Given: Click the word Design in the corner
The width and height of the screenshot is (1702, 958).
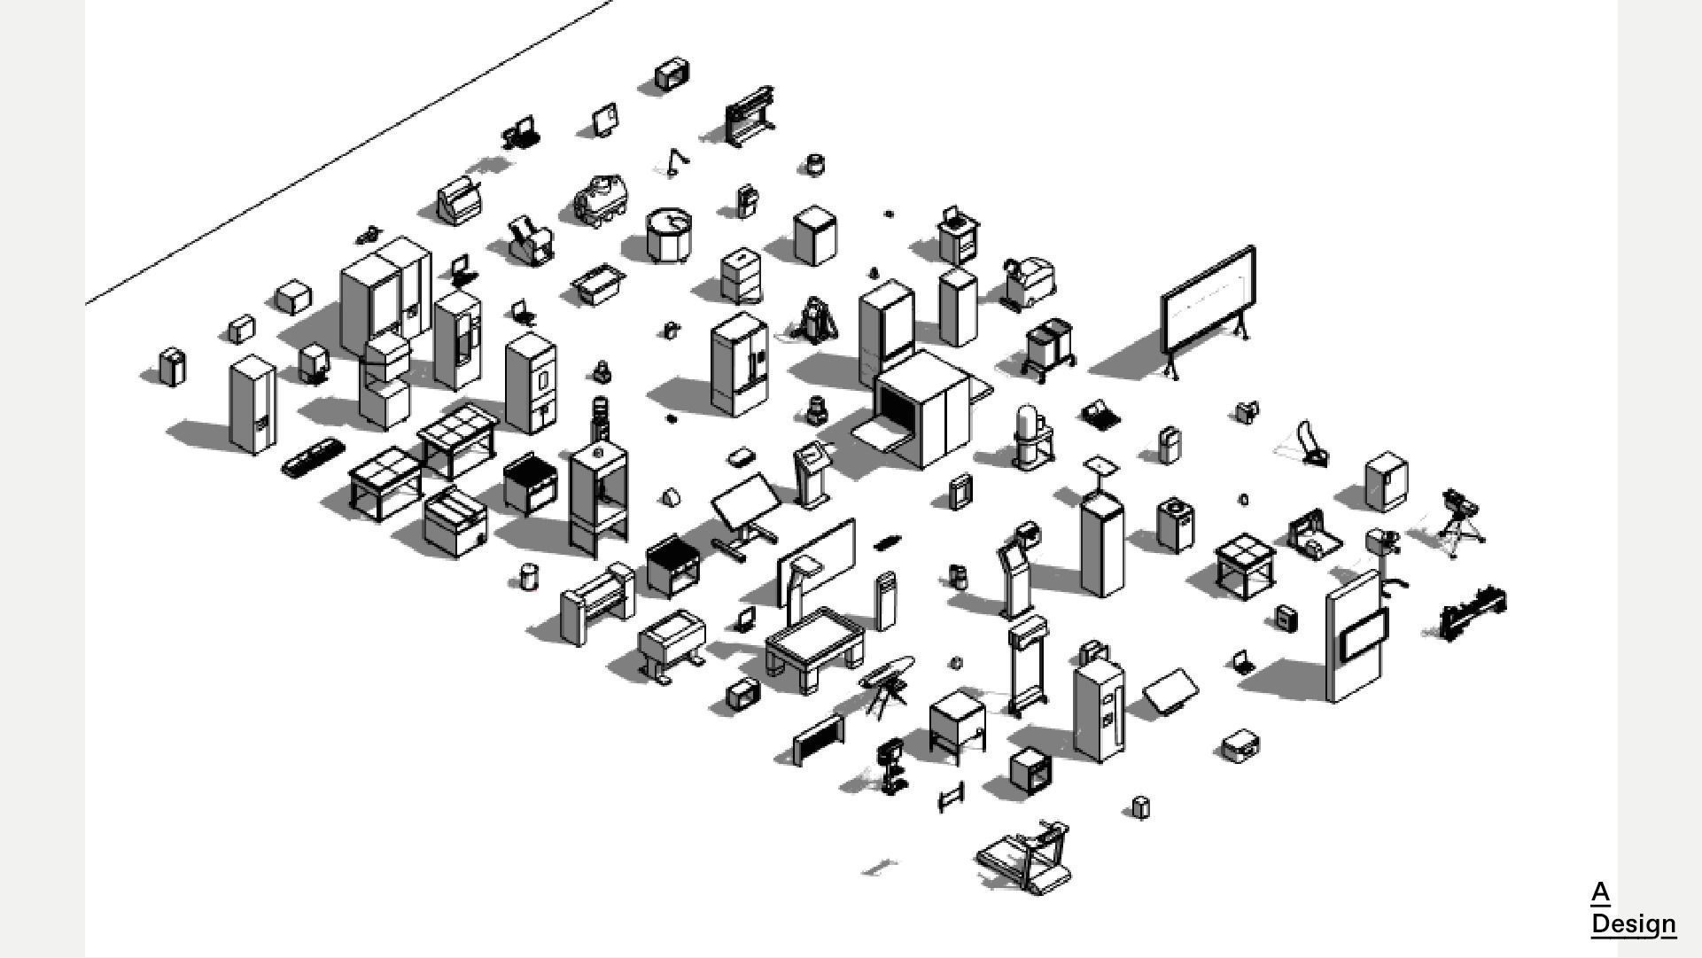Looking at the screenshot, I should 1633,923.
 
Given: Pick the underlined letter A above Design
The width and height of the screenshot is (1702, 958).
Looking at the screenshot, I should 1599,892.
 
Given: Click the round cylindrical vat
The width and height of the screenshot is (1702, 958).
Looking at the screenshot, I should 669,234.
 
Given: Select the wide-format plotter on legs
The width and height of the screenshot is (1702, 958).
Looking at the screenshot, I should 750,115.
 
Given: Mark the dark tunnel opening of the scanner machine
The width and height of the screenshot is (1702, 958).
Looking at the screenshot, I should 895,408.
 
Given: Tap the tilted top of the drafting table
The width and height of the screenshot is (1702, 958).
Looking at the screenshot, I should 745,500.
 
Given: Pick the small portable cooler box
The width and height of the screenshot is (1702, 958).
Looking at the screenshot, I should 1240,745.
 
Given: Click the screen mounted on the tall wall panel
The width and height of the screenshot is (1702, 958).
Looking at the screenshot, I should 1363,634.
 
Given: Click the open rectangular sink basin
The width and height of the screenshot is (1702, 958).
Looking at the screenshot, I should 599,284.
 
